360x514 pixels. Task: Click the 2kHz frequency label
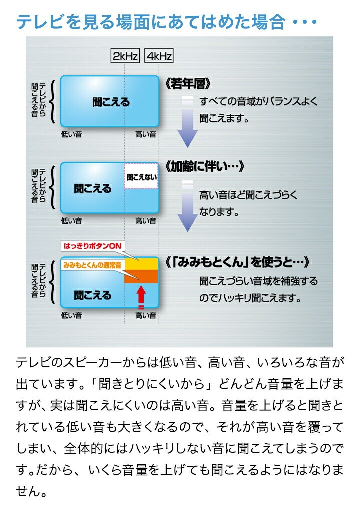[125, 56]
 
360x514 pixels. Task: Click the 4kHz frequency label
[159, 56]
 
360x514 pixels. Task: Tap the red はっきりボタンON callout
[93, 246]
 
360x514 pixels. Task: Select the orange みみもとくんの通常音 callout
[93, 265]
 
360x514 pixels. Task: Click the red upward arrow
[141, 294]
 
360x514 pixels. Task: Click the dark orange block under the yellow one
[141, 276]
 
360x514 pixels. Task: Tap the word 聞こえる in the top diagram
[111, 102]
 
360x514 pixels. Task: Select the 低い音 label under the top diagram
[71, 134]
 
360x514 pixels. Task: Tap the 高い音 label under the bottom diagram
[146, 315]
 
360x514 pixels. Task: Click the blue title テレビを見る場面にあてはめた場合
[150, 22]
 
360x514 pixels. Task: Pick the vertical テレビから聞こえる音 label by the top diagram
[38, 100]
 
